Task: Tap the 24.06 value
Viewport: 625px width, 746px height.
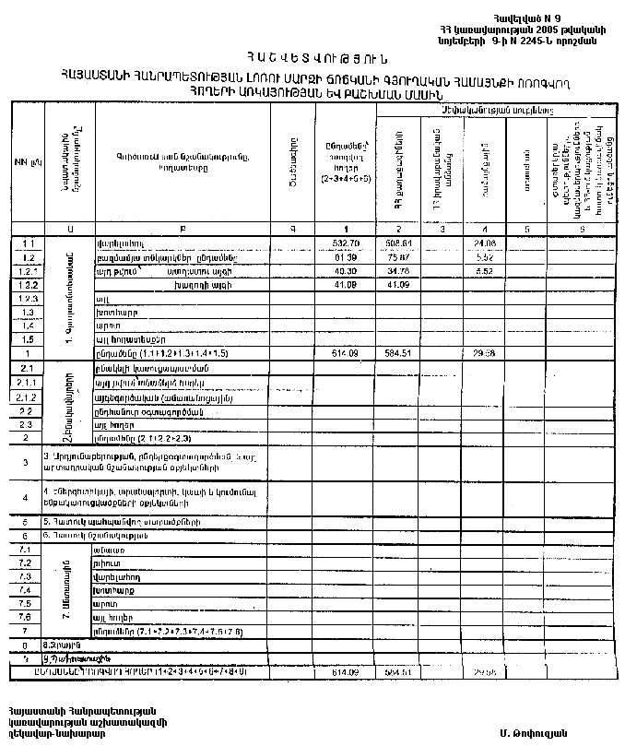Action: click(483, 243)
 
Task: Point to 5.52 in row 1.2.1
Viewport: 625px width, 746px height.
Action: click(484, 272)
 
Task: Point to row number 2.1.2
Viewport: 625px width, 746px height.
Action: click(26, 397)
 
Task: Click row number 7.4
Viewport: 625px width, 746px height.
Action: click(26, 589)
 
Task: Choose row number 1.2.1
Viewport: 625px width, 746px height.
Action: click(26, 272)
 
